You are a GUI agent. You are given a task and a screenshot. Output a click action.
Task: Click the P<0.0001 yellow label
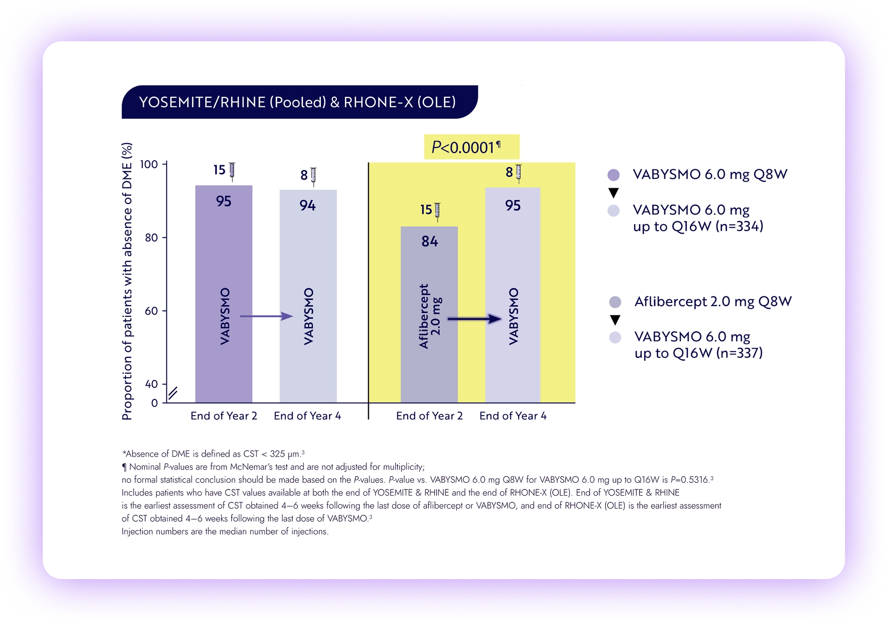(471, 147)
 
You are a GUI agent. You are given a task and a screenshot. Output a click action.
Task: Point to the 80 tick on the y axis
(151, 238)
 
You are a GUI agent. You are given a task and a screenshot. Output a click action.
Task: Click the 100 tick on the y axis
(149, 164)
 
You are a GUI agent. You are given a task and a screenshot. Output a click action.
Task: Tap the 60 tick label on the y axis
(151, 311)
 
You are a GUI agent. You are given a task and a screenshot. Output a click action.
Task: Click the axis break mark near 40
(173, 393)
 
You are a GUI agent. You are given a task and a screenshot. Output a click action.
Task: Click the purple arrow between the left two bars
(266, 316)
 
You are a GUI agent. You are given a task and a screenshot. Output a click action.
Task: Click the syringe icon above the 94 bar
(313, 176)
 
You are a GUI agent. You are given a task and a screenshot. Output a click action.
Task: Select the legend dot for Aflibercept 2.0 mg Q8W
(615, 302)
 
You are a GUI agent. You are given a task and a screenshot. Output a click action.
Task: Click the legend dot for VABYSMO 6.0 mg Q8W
(613, 175)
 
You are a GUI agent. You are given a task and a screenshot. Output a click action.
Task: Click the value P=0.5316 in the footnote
(690, 480)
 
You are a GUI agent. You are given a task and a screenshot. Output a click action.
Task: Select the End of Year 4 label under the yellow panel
(512, 416)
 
